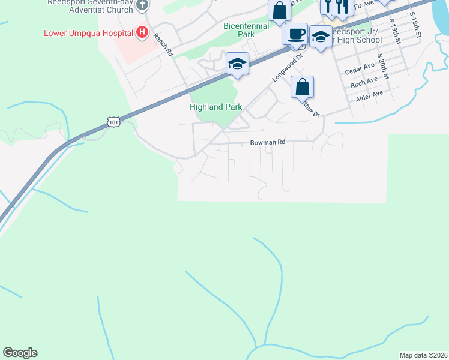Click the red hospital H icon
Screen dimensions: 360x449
tap(142, 32)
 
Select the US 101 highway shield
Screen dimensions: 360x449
tap(113, 122)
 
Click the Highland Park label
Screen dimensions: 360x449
tap(215, 107)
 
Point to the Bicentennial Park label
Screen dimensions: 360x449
tap(247, 30)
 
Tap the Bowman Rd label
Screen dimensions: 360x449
tap(267, 143)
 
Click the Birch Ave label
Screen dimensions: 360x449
tap(364, 82)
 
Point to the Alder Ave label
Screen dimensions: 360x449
tap(369, 94)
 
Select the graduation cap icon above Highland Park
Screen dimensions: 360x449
tap(237, 64)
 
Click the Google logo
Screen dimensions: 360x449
tap(20, 353)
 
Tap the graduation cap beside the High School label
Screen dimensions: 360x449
tap(321, 38)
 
